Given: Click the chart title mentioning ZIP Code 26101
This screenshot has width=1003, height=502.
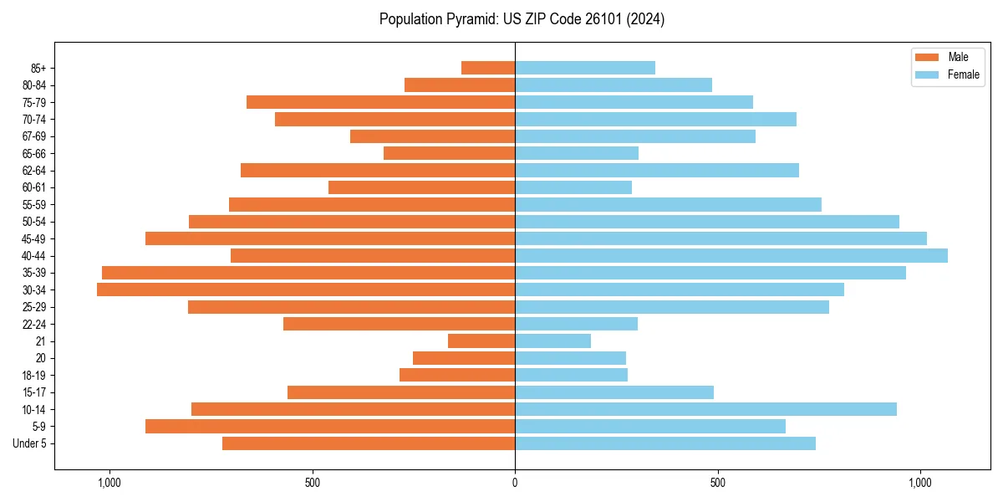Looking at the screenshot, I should (x=522, y=19).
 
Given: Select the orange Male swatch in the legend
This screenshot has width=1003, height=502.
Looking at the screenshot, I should (x=927, y=57).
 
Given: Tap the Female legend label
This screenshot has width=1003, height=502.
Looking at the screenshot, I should (x=964, y=74).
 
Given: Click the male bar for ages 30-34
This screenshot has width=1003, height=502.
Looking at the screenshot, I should (x=306, y=289).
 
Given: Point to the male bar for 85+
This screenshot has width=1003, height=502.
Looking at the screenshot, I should (x=488, y=68).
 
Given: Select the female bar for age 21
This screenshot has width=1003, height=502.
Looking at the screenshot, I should (x=552, y=341).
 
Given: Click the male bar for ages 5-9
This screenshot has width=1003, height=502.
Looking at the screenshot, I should (x=330, y=426).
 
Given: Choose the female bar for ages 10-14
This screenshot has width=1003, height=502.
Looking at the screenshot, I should (x=705, y=409).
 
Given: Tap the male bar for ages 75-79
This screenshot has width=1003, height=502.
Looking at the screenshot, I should (x=380, y=102).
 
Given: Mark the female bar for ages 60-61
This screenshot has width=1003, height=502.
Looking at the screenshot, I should (x=573, y=187).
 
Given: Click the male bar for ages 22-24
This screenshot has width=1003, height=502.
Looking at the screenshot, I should (x=399, y=324).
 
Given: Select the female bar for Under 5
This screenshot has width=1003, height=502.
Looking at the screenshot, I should (x=665, y=443).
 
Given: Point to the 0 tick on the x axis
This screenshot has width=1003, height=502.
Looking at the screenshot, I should (x=515, y=483).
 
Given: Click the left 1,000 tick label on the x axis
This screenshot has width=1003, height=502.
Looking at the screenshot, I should (x=109, y=483).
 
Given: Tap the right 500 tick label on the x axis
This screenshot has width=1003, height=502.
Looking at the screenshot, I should (x=717, y=483).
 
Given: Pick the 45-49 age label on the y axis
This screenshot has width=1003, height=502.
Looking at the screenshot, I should (x=34, y=238).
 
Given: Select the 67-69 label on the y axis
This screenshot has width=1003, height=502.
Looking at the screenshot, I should (x=34, y=136).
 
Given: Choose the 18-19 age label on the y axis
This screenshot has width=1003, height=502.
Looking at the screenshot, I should (x=34, y=375).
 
